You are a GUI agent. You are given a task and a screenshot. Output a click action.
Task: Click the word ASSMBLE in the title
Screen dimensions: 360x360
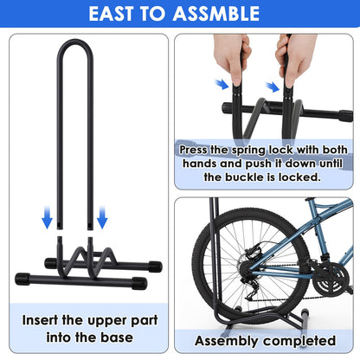pos(216,14)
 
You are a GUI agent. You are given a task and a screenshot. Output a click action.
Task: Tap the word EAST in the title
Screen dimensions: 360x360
pos(112,14)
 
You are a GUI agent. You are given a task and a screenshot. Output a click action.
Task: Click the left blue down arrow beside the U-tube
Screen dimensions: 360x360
pos(47,217)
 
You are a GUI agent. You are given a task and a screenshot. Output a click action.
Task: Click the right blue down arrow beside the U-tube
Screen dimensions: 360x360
pos(102,217)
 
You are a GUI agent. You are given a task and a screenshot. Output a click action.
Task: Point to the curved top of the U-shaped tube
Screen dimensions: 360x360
pos(75,42)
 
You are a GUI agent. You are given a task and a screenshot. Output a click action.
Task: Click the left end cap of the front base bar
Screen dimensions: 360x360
pos(22,279)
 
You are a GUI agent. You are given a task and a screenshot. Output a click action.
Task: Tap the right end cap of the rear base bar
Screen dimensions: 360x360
pos(155,267)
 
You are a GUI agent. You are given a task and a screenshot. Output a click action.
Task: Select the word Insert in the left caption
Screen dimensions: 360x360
pos(40,320)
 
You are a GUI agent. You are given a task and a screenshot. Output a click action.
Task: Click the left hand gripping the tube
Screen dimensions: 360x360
pos(232,59)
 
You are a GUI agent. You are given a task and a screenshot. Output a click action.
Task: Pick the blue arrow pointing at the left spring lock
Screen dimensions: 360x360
pos(222,85)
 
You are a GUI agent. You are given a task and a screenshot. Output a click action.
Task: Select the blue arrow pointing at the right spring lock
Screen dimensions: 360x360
pos(273,87)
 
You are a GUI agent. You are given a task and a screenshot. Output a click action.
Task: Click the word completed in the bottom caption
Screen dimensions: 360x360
pos(299,341)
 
